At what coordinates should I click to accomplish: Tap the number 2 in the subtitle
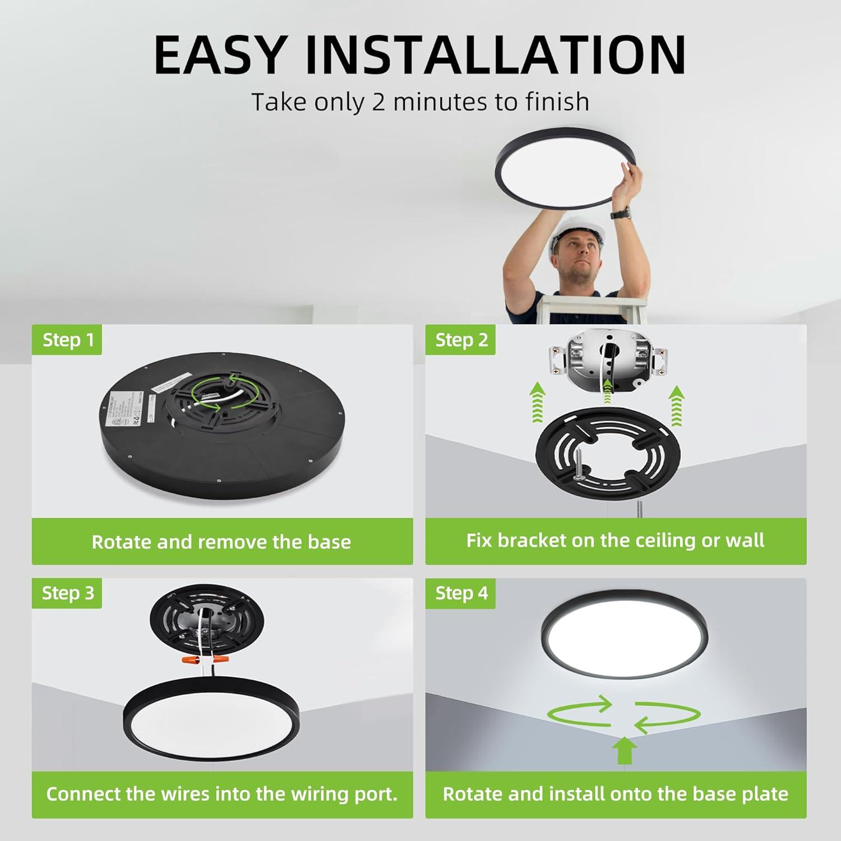(378, 102)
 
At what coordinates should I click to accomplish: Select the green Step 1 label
(68, 340)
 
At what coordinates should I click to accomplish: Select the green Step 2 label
(461, 340)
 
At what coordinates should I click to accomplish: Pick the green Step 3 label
(68, 593)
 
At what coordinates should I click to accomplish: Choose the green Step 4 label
(461, 593)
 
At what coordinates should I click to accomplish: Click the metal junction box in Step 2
(608, 359)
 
